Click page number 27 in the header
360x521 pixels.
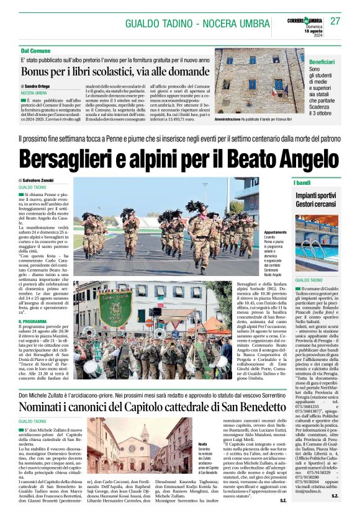coord(335,21)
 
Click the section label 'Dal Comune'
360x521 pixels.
coord(36,50)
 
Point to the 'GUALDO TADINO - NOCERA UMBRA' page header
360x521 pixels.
coord(182,22)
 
